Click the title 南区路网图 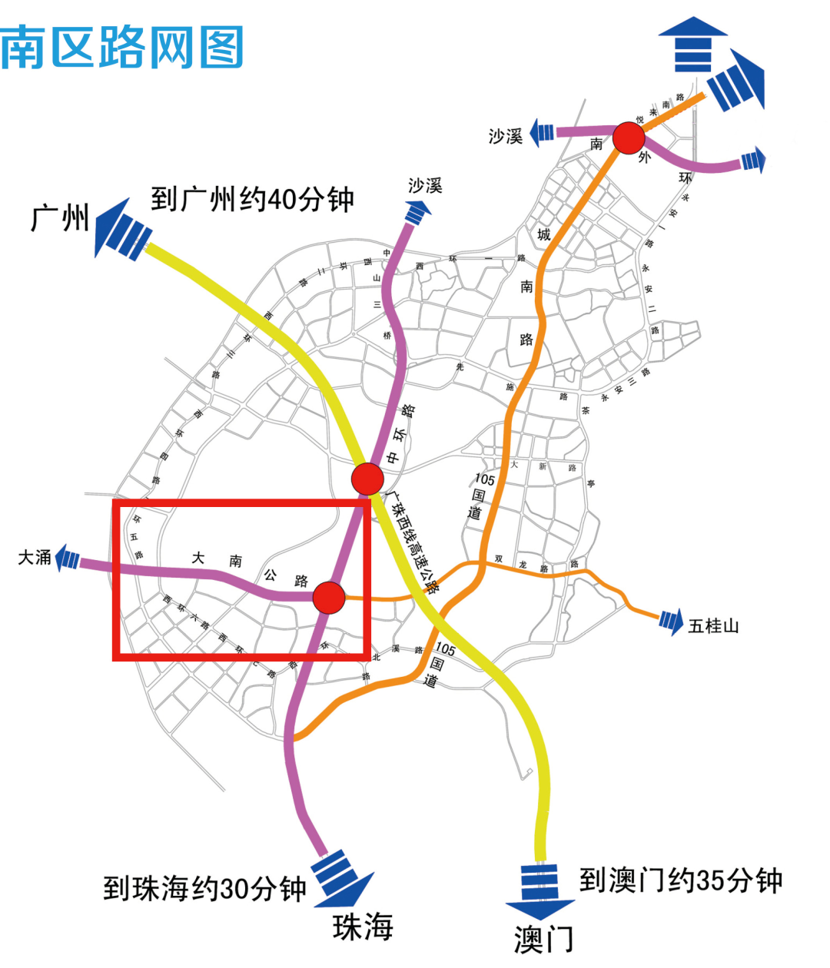click(123, 48)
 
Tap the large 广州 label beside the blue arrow click(60, 218)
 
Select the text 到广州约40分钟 click(252, 200)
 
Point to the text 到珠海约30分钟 click(205, 889)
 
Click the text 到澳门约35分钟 click(680, 880)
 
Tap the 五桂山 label click(713, 626)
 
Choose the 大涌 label click(35, 558)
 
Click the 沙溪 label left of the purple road click(506, 136)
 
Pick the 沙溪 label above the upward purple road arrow click(425, 185)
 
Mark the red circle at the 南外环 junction click(629, 139)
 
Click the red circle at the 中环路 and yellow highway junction click(367, 479)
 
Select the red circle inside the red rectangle click(329, 597)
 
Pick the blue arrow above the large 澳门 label click(540, 891)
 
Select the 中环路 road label click(400, 433)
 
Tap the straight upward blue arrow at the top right click(692, 45)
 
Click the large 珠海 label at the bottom click(363, 927)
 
